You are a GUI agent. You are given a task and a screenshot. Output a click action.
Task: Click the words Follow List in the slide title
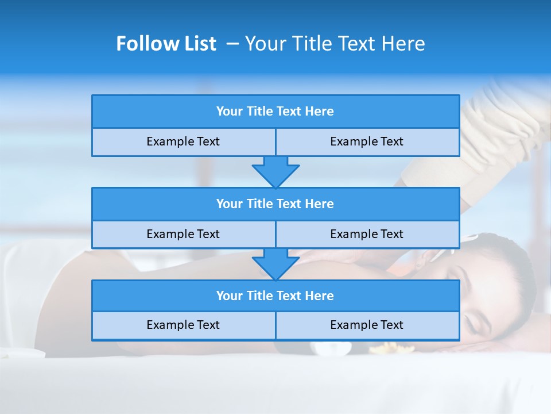click(166, 44)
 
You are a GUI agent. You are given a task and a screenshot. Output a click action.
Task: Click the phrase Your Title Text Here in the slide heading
click(335, 44)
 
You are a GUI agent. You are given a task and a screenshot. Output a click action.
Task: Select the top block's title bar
click(275, 112)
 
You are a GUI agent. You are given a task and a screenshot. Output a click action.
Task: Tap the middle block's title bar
click(275, 204)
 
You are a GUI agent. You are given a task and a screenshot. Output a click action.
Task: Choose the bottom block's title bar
click(275, 296)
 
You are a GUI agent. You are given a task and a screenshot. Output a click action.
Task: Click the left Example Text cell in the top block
click(183, 141)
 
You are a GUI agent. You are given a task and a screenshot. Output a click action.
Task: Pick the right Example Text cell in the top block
click(367, 141)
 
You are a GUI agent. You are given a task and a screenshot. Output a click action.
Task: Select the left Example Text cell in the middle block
click(183, 234)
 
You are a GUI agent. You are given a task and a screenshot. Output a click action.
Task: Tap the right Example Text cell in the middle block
click(367, 234)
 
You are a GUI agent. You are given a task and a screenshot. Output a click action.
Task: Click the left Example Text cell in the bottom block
click(183, 325)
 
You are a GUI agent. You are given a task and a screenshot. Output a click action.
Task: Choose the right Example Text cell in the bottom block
click(367, 325)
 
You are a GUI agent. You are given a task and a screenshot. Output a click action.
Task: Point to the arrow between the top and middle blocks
click(275, 172)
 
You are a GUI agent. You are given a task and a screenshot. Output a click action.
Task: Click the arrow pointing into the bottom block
click(275, 264)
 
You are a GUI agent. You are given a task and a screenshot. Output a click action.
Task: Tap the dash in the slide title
click(232, 43)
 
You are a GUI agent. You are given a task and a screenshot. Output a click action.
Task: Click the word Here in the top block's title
click(319, 112)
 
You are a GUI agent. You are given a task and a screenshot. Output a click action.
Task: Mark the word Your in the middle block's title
click(229, 204)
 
